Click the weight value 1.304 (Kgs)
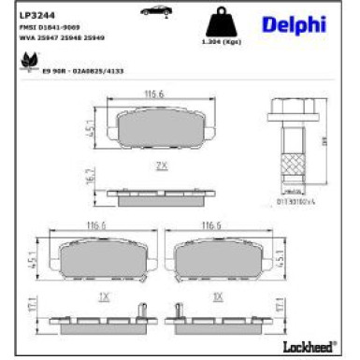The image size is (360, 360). [x=218, y=42]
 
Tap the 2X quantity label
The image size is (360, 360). [x=161, y=166]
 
